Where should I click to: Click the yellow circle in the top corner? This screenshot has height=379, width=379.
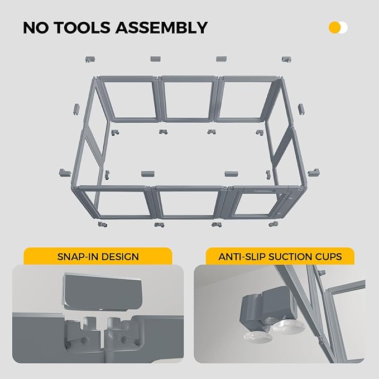pos(335,27)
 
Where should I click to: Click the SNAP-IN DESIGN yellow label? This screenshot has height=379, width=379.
pos(98,257)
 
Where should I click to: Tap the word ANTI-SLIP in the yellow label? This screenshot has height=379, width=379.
pos(238,257)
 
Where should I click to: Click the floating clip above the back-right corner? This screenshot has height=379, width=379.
pos(286,59)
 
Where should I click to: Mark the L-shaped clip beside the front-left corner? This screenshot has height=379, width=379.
pos(63,172)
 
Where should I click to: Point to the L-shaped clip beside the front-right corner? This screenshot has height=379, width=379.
pos(315,171)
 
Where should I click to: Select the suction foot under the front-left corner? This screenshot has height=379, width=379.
pos(102,225)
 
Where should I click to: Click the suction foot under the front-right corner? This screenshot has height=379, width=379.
pos(272,224)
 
